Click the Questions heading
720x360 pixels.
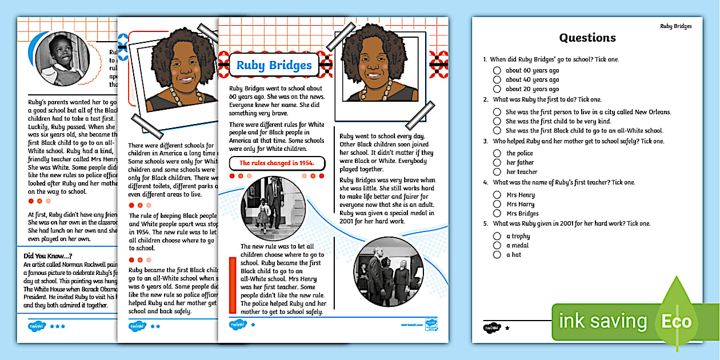[x=587, y=38]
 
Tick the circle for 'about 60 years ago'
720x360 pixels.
[x=497, y=71]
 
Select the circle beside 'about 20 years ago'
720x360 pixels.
[x=497, y=89]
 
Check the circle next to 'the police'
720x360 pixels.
[x=497, y=153]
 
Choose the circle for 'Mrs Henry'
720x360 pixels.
[x=497, y=195]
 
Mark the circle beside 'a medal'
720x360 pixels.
[x=497, y=246]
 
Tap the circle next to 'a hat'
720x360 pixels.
[x=497, y=255]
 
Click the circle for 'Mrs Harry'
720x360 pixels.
[x=497, y=205]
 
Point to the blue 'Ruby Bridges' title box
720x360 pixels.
[x=274, y=65]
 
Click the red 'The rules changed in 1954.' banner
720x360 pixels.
[x=277, y=163]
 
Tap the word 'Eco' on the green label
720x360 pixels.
[x=677, y=321]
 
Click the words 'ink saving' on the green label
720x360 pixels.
[x=602, y=321]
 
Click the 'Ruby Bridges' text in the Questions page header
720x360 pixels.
[x=675, y=26]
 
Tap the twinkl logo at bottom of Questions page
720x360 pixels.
[x=492, y=328]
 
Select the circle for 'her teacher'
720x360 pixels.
[x=497, y=171]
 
